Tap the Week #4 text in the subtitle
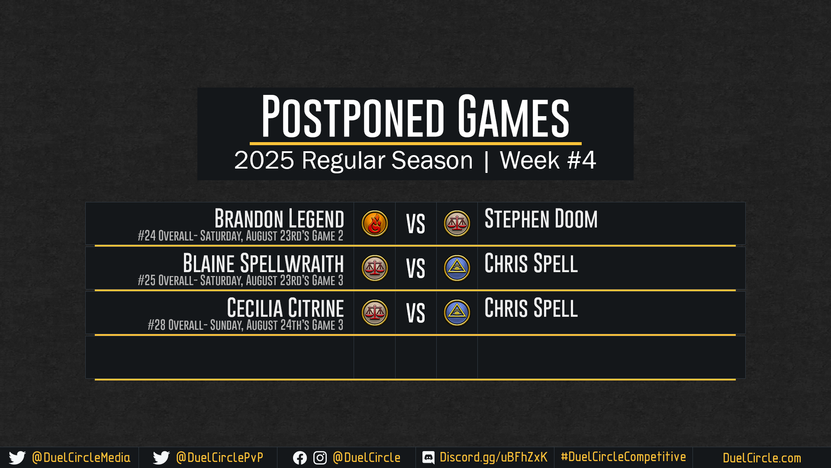point(548,160)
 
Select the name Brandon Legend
point(279,218)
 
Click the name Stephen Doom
point(541,218)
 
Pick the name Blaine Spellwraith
point(263,263)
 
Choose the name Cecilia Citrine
point(285,308)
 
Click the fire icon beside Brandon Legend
point(375,224)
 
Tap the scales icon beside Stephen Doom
point(457,224)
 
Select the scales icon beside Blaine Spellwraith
point(375,268)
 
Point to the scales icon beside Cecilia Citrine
point(375,313)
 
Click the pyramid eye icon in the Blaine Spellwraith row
point(457,268)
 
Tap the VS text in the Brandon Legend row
point(415,224)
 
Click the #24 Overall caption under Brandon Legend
point(240,236)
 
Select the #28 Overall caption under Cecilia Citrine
point(245,325)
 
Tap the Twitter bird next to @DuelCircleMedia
point(17,458)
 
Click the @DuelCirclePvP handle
point(219,458)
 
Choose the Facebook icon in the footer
point(300,458)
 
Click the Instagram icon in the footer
point(320,458)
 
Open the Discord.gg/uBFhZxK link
point(493,457)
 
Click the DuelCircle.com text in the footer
point(762,458)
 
